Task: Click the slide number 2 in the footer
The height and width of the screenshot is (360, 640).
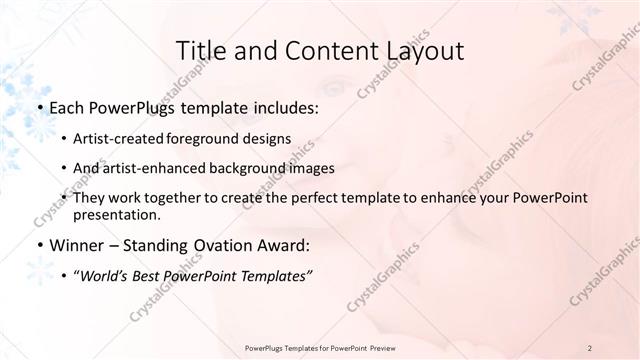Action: tap(590, 348)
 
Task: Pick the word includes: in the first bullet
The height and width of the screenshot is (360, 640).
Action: tap(283, 105)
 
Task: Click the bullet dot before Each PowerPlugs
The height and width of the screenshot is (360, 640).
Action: tap(39, 106)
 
